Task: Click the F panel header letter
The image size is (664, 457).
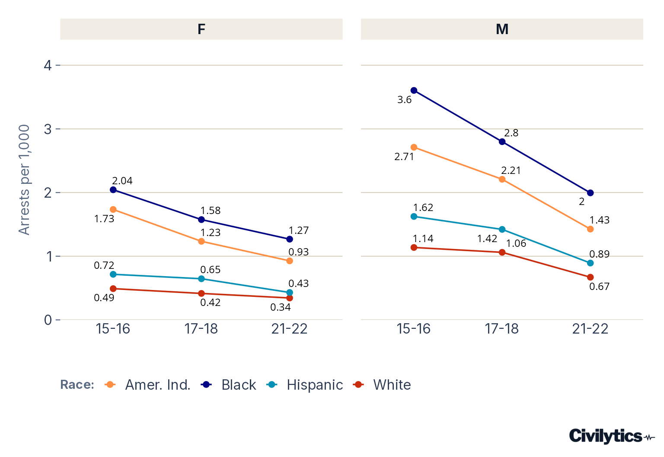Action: [x=201, y=29]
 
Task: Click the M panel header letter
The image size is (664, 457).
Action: [x=502, y=29]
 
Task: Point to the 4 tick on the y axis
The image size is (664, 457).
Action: [x=48, y=65]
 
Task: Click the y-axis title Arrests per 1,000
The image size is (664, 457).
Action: [x=24, y=180]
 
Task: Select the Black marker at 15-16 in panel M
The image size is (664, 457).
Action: [x=414, y=91]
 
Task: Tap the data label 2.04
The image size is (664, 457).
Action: [x=122, y=180]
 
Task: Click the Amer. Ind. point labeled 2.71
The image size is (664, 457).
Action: [x=414, y=148]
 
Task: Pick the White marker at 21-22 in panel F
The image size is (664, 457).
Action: [x=290, y=298]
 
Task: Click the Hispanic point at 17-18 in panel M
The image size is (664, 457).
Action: [x=502, y=230]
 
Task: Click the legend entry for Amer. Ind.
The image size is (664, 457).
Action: [x=147, y=385]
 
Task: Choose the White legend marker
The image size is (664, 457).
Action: [x=358, y=385]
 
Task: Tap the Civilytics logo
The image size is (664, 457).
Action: [x=612, y=436]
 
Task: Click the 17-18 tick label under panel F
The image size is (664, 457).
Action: [x=201, y=329]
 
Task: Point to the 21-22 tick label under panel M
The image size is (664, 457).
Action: [x=590, y=329]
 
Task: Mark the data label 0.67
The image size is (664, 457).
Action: [x=599, y=287]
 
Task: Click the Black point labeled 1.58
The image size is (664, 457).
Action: [x=201, y=220]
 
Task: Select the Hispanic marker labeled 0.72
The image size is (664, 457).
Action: [x=113, y=274]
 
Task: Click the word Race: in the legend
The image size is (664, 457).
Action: [x=77, y=385]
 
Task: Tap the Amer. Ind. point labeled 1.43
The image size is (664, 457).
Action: [x=590, y=229]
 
